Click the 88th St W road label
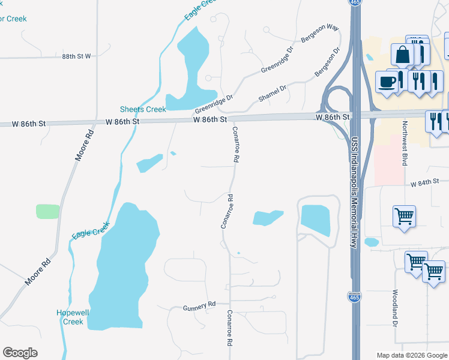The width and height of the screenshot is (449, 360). click(76, 56)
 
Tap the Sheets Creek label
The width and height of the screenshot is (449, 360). click(143, 109)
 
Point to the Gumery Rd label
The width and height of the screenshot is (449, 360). click(199, 306)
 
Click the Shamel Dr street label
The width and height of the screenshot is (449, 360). click(273, 91)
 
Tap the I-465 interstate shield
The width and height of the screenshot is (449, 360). click(354, 297)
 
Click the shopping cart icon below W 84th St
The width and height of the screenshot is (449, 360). click(405, 216)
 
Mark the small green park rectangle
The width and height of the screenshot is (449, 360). click(48, 211)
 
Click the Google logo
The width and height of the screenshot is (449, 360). click(20, 353)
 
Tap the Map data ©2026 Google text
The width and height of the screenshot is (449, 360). click(412, 355)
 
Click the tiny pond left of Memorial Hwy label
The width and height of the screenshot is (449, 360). click(371, 242)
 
